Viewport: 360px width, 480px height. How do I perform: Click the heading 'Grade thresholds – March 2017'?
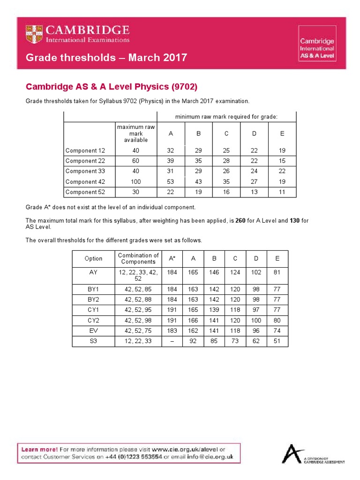tap(106, 58)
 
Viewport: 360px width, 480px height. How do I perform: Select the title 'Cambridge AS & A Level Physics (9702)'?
tap(112, 87)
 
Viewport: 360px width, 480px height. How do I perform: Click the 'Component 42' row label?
tap(85, 182)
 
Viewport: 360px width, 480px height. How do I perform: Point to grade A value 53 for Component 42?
tap(171, 182)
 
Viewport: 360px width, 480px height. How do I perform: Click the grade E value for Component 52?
tap(282, 192)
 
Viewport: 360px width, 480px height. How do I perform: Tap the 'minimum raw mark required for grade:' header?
tap(226, 116)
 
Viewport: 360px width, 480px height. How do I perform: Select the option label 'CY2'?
tap(93, 321)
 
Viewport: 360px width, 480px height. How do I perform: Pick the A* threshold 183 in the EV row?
tap(172, 331)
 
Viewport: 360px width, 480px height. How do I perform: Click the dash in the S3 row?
tap(172, 341)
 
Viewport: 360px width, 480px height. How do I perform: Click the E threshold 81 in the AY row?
tap(277, 271)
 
